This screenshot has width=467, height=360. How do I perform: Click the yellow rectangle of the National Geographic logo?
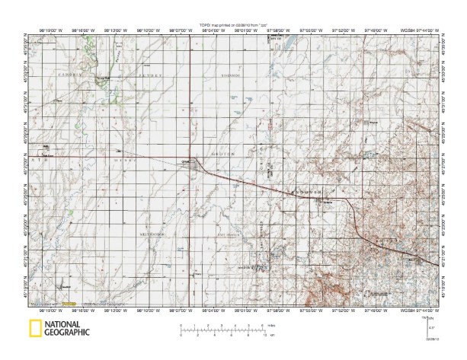point(35,328)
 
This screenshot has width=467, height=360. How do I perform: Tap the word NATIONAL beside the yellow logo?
point(67,323)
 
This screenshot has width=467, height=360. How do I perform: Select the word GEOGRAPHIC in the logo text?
point(67,332)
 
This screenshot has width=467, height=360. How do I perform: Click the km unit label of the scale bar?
point(271,335)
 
